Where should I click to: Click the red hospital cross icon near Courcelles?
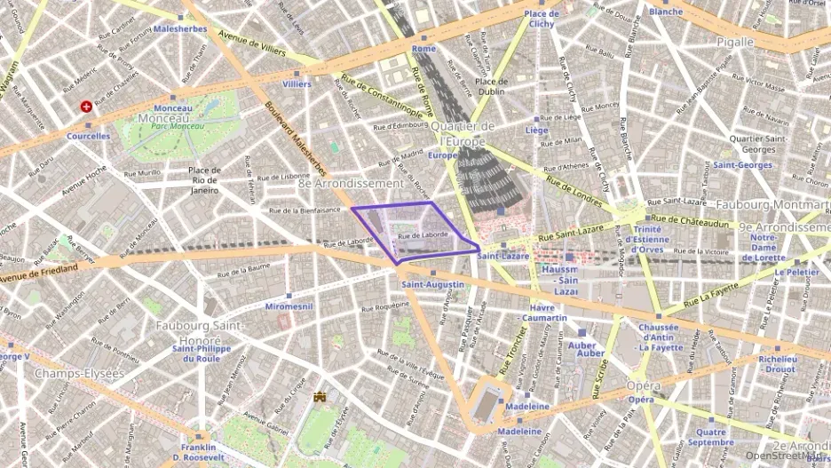tap(86, 107)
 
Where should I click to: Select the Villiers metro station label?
tap(297, 84)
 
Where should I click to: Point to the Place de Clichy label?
tap(541, 19)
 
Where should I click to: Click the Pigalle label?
tap(733, 41)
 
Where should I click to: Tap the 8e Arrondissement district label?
tap(351, 183)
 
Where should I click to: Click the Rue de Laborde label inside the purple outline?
tap(423, 235)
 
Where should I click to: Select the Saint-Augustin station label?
tap(432, 284)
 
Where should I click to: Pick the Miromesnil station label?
tap(289, 305)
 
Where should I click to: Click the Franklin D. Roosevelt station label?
tap(200, 452)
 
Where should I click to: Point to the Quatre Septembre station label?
tap(709, 437)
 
